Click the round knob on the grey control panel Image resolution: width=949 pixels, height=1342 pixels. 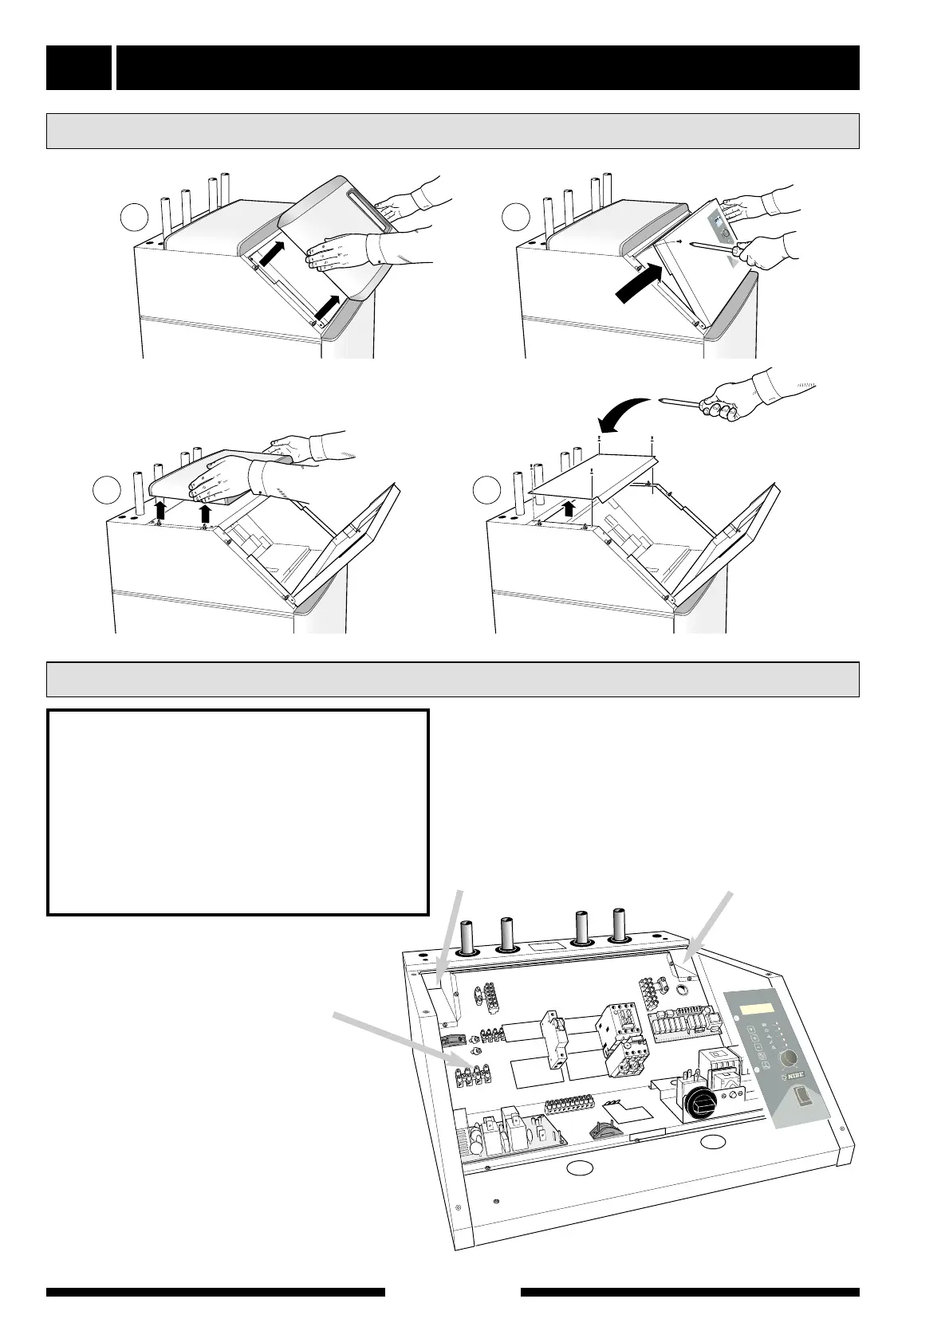(x=790, y=1057)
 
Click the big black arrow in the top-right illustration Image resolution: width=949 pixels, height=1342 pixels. (x=640, y=284)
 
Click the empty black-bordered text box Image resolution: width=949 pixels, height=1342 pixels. (x=238, y=811)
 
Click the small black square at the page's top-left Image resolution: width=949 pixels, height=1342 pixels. (x=78, y=68)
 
